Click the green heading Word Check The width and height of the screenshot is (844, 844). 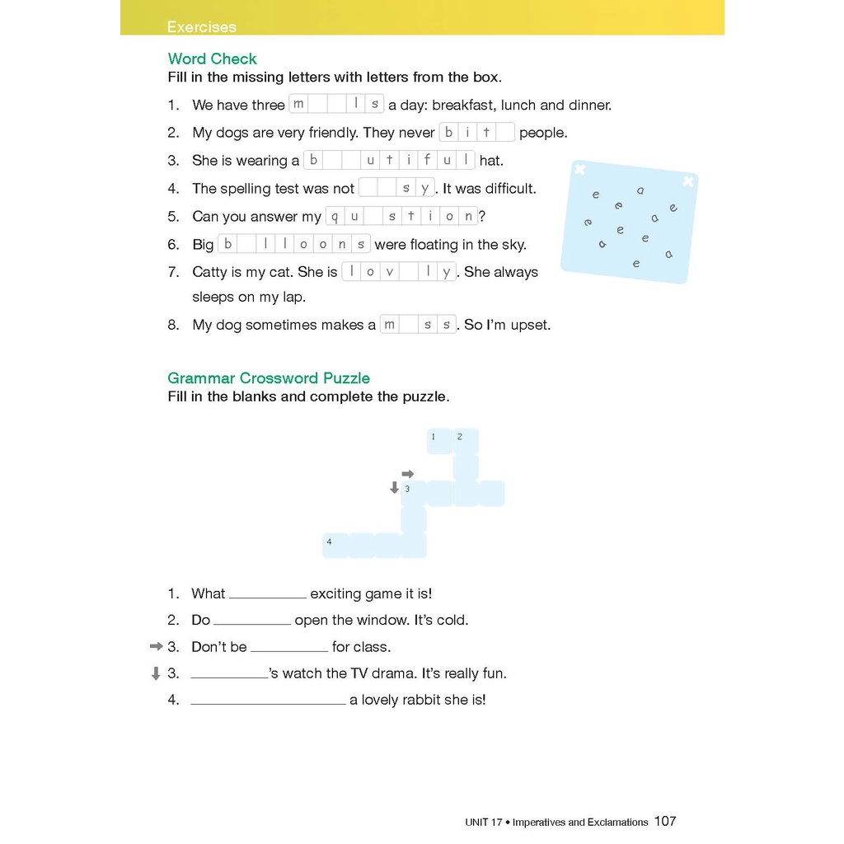click(x=212, y=59)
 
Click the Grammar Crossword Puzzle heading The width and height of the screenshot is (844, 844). click(x=269, y=378)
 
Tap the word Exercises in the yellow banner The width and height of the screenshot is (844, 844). click(x=201, y=26)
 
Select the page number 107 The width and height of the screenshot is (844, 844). click(x=665, y=821)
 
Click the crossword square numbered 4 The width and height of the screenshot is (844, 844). click(x=335, y=545)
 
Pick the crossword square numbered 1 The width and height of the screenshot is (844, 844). click(x=438, y=441)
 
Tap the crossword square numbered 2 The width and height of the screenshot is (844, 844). click(x=465, y=441)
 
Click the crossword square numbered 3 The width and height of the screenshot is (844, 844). click(x=414, y=493)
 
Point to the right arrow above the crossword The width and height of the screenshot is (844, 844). click(x=407, y=473)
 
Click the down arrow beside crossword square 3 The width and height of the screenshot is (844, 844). click(x=394, y=488)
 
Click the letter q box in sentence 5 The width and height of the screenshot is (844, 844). click(x=335, y=217)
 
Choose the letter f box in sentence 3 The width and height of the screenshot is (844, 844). click(x=427, y=160)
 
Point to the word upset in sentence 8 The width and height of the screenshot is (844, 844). click(x=529, y=325)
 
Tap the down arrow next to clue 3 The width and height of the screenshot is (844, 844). click(x=155, y=673)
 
